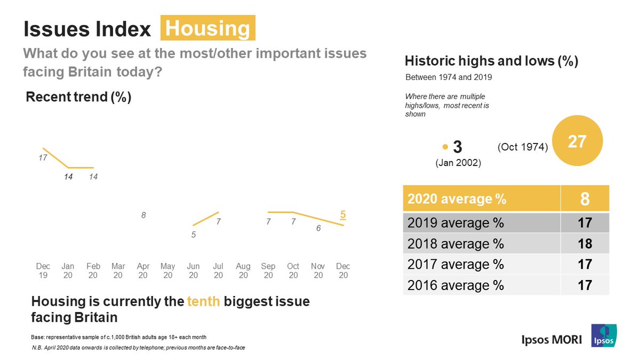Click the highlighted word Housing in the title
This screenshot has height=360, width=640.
[207, 28]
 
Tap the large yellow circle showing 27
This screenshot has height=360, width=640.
[577, 142]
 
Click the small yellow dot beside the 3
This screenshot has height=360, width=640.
[445, 147]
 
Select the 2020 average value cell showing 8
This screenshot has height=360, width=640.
[585, 199]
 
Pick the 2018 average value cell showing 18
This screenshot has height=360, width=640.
[585, 244]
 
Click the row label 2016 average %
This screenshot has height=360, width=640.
[455, 285]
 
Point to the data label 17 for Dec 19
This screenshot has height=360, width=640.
[43, 158]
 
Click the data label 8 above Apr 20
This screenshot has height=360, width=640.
[143, 215]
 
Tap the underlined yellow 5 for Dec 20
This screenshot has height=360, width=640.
[343, 214]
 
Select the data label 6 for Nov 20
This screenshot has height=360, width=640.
[318, 228]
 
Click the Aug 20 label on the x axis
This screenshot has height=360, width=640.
[243, 270]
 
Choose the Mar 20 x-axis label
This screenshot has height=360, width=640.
[118, 270]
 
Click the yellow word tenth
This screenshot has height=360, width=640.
[203, 301]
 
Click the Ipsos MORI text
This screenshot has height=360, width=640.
[551, 340]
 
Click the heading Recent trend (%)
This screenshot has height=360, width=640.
[78, 98]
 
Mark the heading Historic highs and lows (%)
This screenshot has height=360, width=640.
[491, 61]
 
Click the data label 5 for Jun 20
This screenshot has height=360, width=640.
[194, 234]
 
